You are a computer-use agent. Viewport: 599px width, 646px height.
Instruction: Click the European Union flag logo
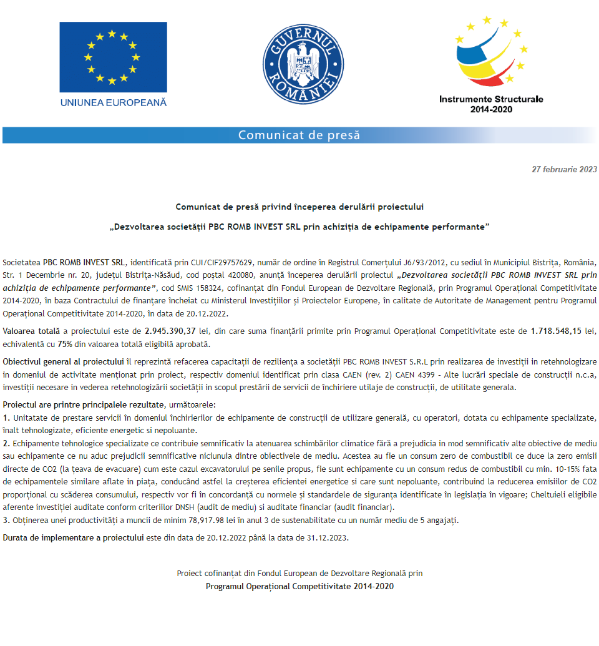pyautogui.click(x=112, y=57)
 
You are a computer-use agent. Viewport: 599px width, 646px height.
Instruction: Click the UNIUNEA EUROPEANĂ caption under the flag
pyautogui.click(x=113, y=102)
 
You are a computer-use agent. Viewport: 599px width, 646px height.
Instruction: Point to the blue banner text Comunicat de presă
pyautogui.click(x=299, y=135)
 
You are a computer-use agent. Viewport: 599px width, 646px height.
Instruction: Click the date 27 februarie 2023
pyautogui.click(x=564, y=169)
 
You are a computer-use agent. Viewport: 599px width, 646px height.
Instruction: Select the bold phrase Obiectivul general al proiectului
pyautogui.click(x=63, y=362)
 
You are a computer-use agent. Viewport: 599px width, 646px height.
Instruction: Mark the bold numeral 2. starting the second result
pyautogui.click(x=6, y=443)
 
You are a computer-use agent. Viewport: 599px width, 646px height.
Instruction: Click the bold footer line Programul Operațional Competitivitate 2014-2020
pyautogui.click(x=299, y=587)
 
